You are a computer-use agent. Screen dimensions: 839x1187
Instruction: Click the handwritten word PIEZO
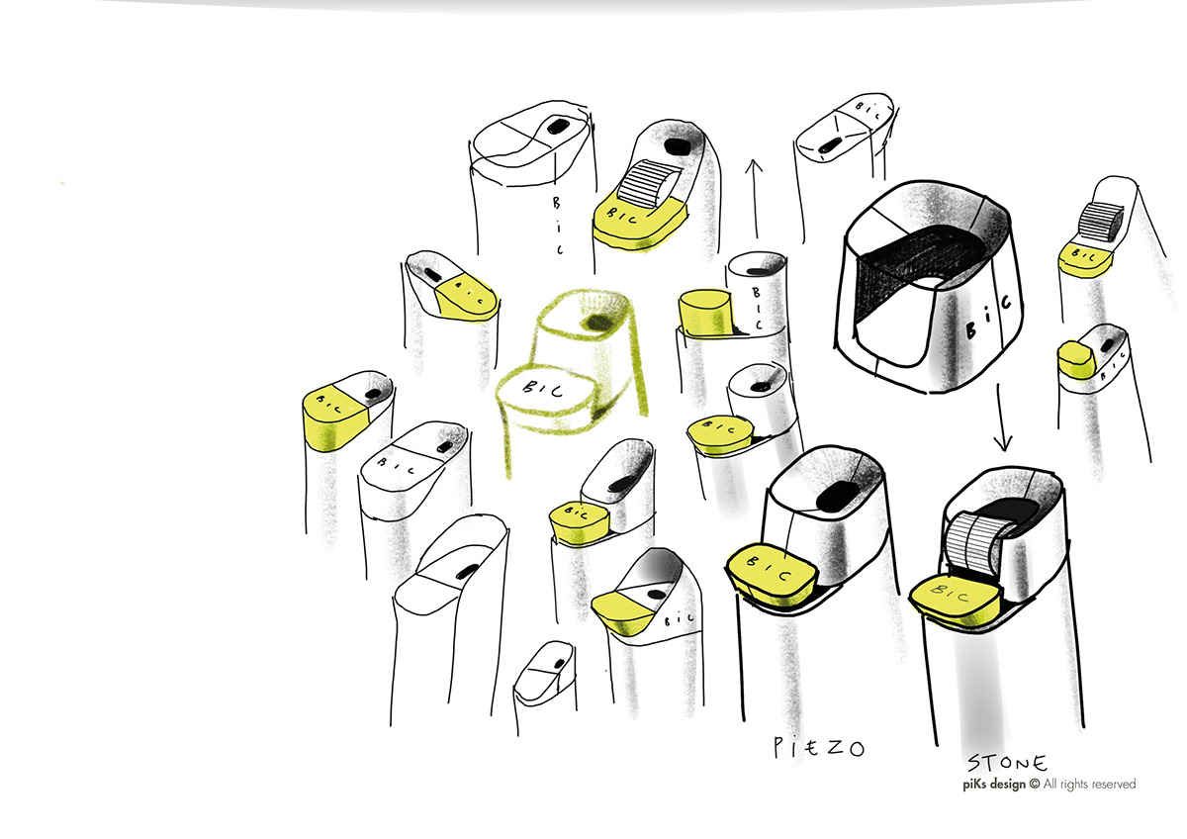[x=817, y=748]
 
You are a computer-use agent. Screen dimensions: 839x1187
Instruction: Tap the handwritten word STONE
[x=1006, y=764]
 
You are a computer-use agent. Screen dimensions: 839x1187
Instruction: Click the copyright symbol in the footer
[x=1035, y=785]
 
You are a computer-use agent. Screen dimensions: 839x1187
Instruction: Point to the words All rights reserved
[x=1089, y=785]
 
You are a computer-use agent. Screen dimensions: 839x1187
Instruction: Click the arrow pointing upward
[x=755, y=198]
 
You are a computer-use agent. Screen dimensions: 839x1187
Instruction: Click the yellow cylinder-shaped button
[x=703, y=312]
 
